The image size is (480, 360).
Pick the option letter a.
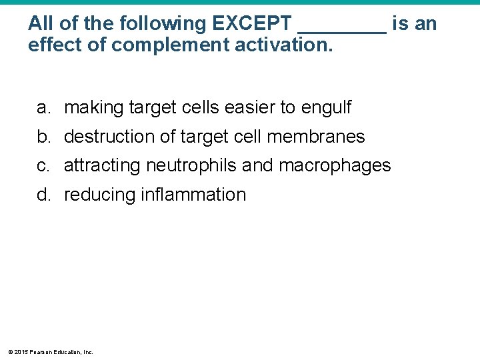42,107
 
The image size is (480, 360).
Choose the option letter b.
42,137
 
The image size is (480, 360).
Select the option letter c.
42,165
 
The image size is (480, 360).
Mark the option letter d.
42,195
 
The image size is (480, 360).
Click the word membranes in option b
316,137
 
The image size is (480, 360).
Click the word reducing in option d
100,195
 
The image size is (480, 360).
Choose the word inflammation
193,195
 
